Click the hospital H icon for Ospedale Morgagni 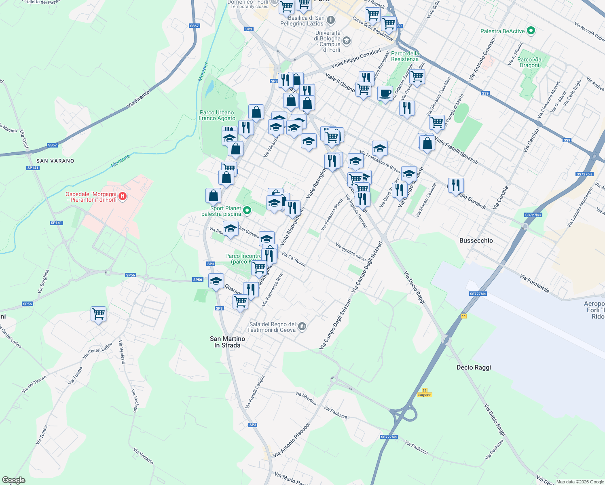coord(123,196)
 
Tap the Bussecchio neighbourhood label coord(476,240)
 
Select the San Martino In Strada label coord(227,342)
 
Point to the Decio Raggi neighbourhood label coord(474,367)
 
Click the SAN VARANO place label coord(55,161)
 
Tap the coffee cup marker coord(385,93)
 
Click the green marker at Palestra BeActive coord(531,31)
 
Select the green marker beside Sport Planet coord(247,210)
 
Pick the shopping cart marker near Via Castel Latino coord(98,314)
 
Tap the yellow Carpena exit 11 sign coord(424,393)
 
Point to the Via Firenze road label coord(138,99)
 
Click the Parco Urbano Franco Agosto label coord(217,116)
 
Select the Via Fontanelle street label coord(534,283)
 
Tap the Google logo coord(13,480)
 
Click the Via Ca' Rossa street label coord(294,259)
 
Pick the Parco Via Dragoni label coord(530,62)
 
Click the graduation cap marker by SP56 coord(216,281)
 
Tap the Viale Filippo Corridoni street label coord(356,59)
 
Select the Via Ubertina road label coord(306,398)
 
